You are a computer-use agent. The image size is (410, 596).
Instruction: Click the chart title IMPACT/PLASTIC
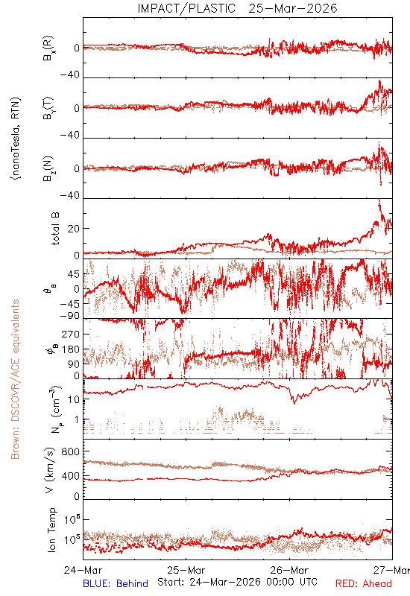[186, 8]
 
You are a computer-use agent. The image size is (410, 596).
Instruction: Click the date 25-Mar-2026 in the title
[293, 8]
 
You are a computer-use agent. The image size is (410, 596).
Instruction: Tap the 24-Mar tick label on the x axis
[83, 570]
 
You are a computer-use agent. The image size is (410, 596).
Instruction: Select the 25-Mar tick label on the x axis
[186, 570]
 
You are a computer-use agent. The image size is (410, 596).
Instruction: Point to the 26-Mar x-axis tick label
[289, 570]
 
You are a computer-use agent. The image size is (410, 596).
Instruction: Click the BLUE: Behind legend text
[116, 583]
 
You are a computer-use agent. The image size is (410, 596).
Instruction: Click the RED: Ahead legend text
[363, 583]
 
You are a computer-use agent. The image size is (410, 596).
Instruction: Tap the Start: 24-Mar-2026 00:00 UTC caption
[237, 582]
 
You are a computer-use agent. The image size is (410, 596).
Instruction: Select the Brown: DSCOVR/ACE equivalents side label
[15, 379]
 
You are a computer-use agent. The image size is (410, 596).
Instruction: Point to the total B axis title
[55, 229]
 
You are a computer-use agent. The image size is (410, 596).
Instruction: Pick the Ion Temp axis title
[51, 530]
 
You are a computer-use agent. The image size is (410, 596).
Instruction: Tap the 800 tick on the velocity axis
[71, 451]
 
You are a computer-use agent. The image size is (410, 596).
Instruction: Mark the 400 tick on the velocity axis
[71, 476]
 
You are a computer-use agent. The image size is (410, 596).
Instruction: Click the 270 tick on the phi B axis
[71, 335]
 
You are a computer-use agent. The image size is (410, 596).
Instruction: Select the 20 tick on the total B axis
[74, 229]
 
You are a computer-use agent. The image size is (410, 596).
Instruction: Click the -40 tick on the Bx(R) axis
[70, 75]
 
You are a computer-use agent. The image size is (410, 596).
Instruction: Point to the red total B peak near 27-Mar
[379, 200]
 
